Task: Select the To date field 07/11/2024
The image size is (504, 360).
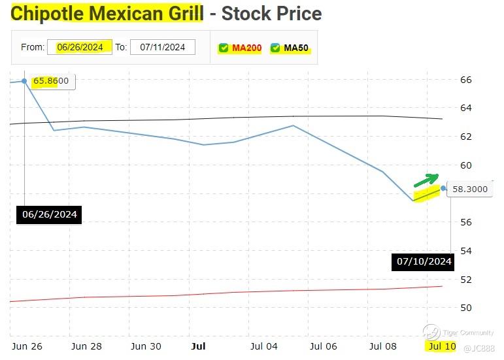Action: (x=162, y=47)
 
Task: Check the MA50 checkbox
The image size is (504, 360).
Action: (x=275, y=48)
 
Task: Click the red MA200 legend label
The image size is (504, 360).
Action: (x=246, y=48)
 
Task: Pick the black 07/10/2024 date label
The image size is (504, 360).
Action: (x=424, y=261)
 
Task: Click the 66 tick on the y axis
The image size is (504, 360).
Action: (x=465, y=80)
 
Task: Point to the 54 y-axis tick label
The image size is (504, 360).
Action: (x=465, y=251)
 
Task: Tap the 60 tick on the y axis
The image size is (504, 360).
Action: (x=465, y=165)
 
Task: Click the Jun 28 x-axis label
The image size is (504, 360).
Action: (x=86, y=346)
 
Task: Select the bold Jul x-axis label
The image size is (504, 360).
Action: (x=198, y=346)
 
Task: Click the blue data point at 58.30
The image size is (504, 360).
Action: (x=444, y=188)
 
